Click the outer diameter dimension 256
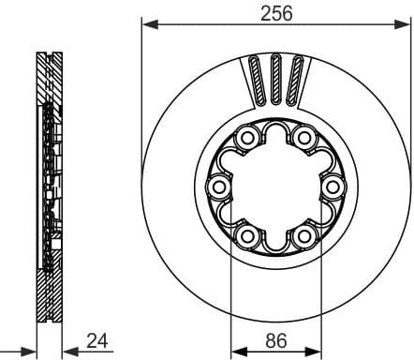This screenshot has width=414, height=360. click(x=276, y=12)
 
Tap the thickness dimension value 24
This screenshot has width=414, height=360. click(x=96, y=340)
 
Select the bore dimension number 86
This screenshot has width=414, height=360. click(x=275, y=340)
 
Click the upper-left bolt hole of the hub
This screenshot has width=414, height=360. click(x=248, y=140)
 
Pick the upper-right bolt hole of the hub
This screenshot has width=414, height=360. click(x=303, y=140)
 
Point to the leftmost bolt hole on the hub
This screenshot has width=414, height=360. click(x=220, y=187)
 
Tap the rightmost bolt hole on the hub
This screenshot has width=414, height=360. click(x=331, y=187)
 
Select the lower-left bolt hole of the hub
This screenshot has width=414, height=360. click(x=248, y=235)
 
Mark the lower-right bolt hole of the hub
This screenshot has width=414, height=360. click(x=303, y=235)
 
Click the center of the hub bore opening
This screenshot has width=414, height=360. click(x=275, y=187)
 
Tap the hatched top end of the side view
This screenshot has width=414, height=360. click(x=49, y=70)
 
